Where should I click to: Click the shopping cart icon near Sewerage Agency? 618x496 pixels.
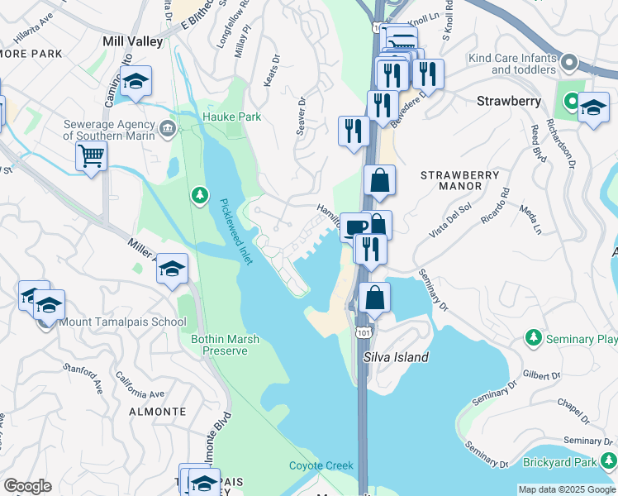(91, 155)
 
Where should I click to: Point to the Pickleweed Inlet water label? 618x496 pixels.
(235, 231)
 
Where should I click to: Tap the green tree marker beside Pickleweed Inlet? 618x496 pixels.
(199, 195)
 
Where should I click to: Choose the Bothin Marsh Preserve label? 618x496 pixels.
(220, 345)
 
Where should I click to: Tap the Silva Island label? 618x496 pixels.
(396, 357)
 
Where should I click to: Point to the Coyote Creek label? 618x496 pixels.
(321, 465)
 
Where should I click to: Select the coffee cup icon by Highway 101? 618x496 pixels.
(355, 226)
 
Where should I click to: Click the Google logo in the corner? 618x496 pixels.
(28, 486)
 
